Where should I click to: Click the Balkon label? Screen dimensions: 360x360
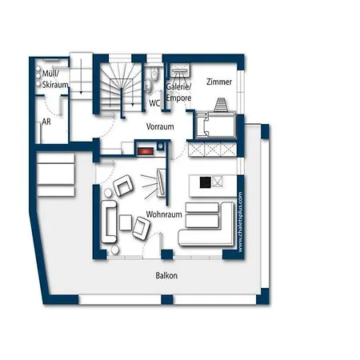tap(166, 275)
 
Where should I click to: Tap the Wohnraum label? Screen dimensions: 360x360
tap(164, 214)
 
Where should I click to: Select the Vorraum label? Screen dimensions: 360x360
tap(160, 126)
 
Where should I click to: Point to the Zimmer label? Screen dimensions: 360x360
tap(219, 82)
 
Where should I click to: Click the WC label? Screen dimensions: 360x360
tap(154, 103)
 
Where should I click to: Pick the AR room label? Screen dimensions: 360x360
tap(46, 122)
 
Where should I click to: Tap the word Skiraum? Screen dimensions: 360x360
tap(55, 85)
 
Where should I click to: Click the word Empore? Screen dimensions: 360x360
tap(178, 98)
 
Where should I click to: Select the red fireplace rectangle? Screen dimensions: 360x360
tap(146, 151)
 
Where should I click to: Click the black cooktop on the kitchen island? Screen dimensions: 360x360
tap(206, 182)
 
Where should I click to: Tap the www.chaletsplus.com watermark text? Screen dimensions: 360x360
tap(240, 222)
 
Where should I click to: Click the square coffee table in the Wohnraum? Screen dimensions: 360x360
tap(126, 222)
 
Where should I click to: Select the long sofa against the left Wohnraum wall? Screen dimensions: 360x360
tap(109, 222)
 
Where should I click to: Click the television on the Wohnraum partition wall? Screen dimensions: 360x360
tap(161, 182)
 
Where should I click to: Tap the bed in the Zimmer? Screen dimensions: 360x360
tap(216, 125)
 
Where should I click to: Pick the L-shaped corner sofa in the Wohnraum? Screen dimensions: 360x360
tap(206, 224)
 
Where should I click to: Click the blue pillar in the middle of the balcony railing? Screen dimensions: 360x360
tap(167, 299)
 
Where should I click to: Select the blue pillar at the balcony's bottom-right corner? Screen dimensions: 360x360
tap(263, 297)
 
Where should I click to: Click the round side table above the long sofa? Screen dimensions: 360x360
tap(108, 193)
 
